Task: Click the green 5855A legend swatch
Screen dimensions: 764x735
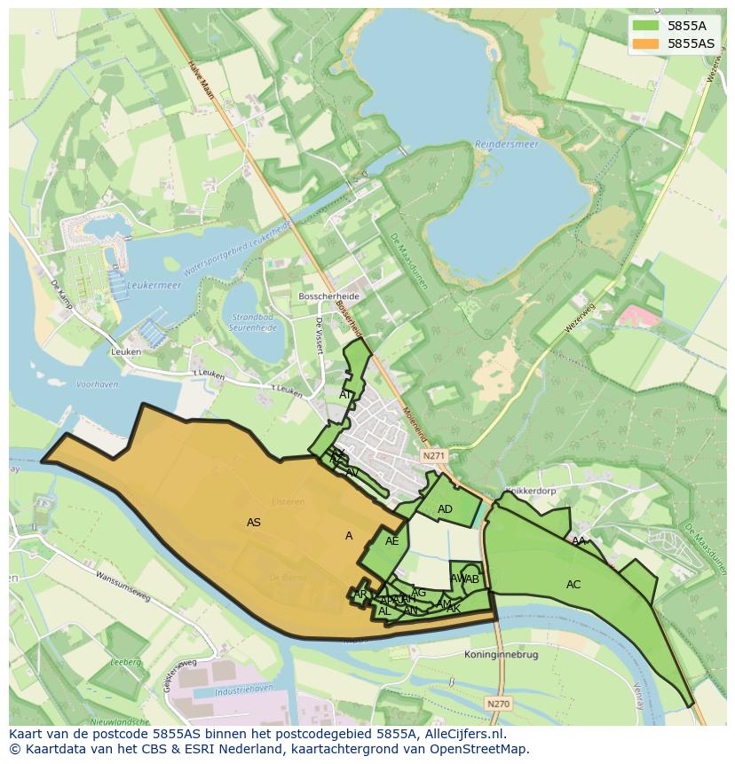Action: (645, 27)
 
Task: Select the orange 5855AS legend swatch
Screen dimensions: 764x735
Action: (645, 43)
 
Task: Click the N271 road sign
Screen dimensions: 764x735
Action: (433, 455)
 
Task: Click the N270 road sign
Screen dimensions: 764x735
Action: (498, 704)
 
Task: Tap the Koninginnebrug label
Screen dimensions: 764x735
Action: (501, 655)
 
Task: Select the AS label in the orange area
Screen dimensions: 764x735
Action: (254, 523)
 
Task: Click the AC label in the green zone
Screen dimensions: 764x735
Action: (573, 584)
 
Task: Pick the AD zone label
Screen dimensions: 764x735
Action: (446, 509)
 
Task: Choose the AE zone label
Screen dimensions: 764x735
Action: (391, 541)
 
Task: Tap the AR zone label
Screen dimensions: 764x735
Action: (360, 595)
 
